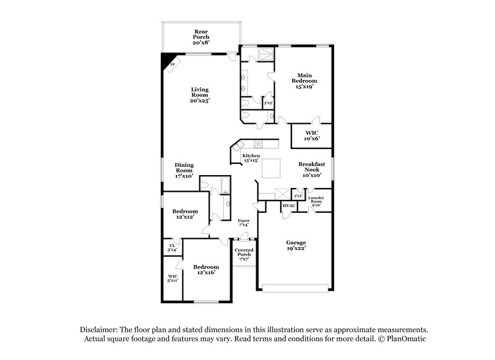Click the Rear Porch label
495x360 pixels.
(x=200, y=36)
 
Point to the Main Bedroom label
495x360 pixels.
(x=304, y=81)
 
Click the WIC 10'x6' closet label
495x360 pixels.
(x=312, y=136)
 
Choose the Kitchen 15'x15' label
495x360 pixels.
(x=251, y=157)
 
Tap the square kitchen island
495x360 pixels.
(x=270, y=168)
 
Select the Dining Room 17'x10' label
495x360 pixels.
(x=184, y=170)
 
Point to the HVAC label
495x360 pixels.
(x=289, y=205)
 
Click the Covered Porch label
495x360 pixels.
(x=243, y=254)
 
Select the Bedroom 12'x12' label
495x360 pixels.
(x=184, y=215)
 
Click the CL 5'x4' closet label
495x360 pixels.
(x=172, y=247)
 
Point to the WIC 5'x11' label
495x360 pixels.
(x=172, y=278)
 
